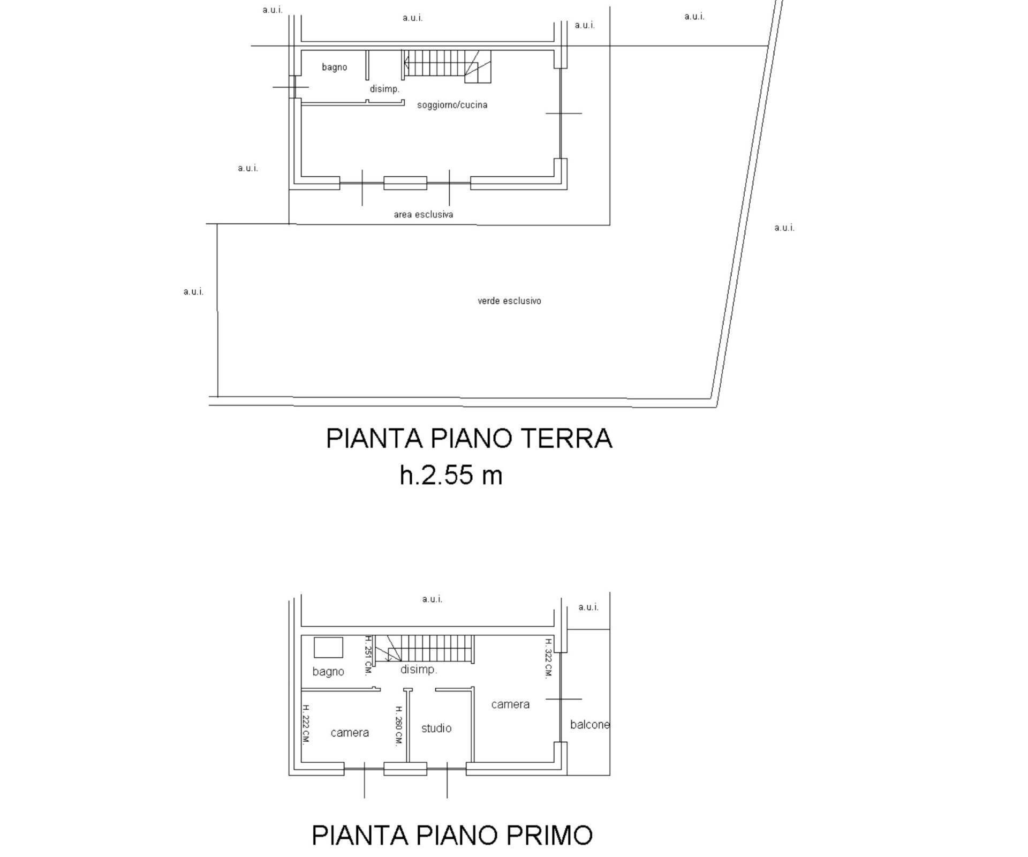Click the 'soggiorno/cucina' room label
tap(452, 105)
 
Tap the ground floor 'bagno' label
tap(334, 67)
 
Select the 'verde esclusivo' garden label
tap(509, 301)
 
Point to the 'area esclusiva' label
tap(424, 215)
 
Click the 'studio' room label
tap(436, 728)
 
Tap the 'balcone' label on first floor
tap(589, 725)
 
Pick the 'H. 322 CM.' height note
tap(548, 658)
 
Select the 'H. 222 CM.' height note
tap(306, 724)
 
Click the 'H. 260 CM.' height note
tap(398, 726)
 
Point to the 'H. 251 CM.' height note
tap(368, 655)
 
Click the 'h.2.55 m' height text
tap(451, 475)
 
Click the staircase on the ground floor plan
tap(447, 66)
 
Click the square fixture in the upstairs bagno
tap(328, 647)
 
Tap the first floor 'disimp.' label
tap(419, 670)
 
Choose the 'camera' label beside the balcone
tap(510, 704)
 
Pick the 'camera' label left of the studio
tap(350, 733)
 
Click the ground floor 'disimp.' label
tap(384, 89)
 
